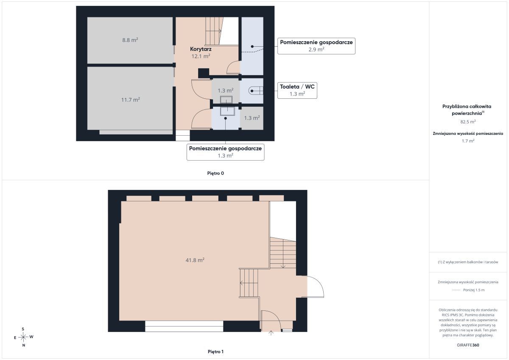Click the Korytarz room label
(x=201, y=49)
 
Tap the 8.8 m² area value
(x=130, y=40)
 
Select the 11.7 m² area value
(x=131, y=100)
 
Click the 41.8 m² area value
(x=195, y=260)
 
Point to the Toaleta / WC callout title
(x=297, y=87)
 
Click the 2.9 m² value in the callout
(x=316, y=49)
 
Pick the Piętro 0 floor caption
(x=215, y=173)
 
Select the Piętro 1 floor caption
(x=215, y=352)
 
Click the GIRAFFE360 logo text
(x=468, y=345)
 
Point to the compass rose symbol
(x=23, y=337)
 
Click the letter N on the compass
(x=24, y=345)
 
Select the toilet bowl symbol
(x=256, y=91)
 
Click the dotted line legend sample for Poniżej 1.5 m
(x=456, y=290)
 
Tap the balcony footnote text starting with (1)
(x=468, y=262)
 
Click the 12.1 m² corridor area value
(x=201, y=56)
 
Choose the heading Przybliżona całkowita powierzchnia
(x=467, y=110)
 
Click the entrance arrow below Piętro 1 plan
(x=271, y=333)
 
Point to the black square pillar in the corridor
(x=204, y=73)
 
